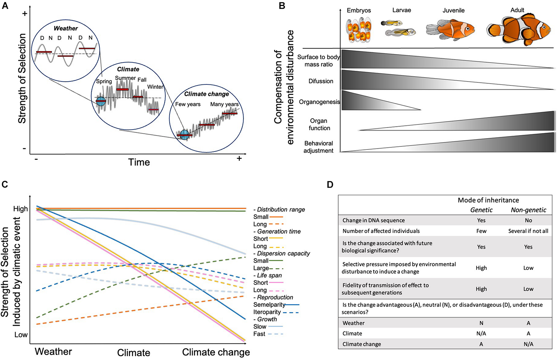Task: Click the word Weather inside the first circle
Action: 65,28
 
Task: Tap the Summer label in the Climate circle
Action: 125,78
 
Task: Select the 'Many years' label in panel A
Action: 224,104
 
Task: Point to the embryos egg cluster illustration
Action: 359,30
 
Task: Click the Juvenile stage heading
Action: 453,10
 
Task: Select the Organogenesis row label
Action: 319,102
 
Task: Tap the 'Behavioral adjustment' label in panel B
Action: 318,147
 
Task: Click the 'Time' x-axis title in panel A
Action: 139,162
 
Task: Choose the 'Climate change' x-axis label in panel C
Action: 216,352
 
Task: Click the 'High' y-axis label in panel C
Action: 20,209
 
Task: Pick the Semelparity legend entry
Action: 269,305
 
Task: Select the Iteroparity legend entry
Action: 267,312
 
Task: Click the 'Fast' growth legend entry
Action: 259,334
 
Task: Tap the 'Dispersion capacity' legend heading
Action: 283,253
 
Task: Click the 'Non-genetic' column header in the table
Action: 528,210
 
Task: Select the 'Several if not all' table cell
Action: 528,231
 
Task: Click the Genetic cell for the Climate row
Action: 481,334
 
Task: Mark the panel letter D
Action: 330,184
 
